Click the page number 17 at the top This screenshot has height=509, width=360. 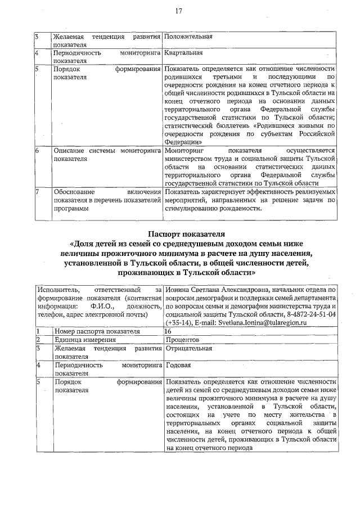[x=179, y=11]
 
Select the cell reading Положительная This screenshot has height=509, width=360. [x=188, y=37]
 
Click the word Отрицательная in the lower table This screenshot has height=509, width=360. [x=188, y=348]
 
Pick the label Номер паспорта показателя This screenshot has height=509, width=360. [x=96, y=332]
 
